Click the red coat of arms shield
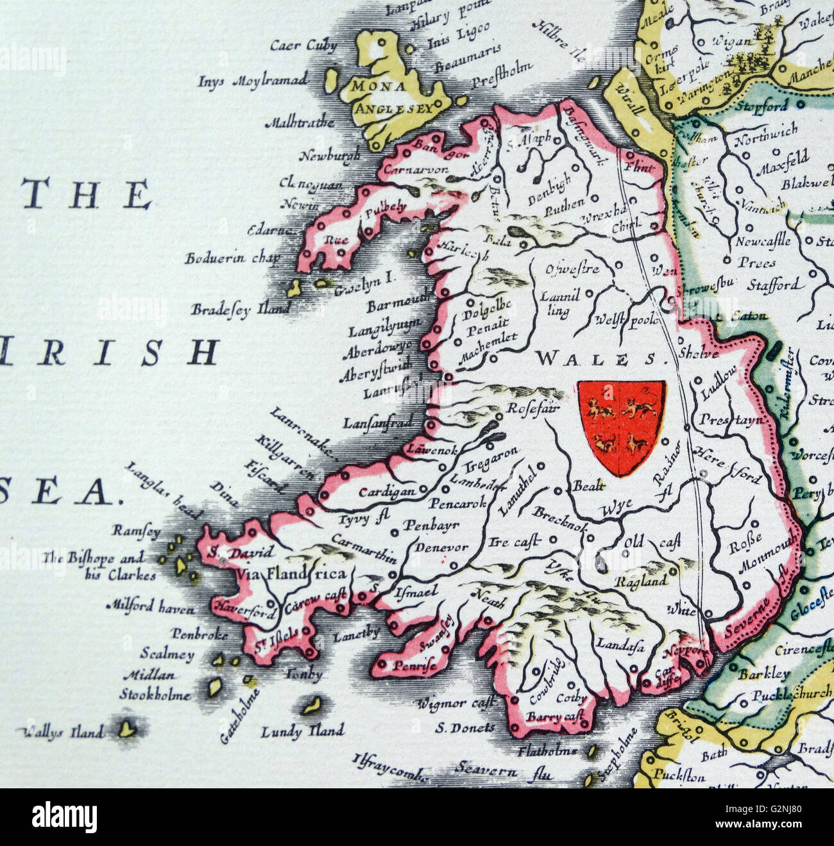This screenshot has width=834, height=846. tap(621, 426)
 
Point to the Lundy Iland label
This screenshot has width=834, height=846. tap(302, 731)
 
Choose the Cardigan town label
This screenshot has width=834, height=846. tap(387, 492)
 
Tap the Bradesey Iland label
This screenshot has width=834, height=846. tap(240, 310)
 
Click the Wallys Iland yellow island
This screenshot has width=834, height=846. tap(128, 729)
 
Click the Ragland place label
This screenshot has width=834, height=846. tap(641, 581)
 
